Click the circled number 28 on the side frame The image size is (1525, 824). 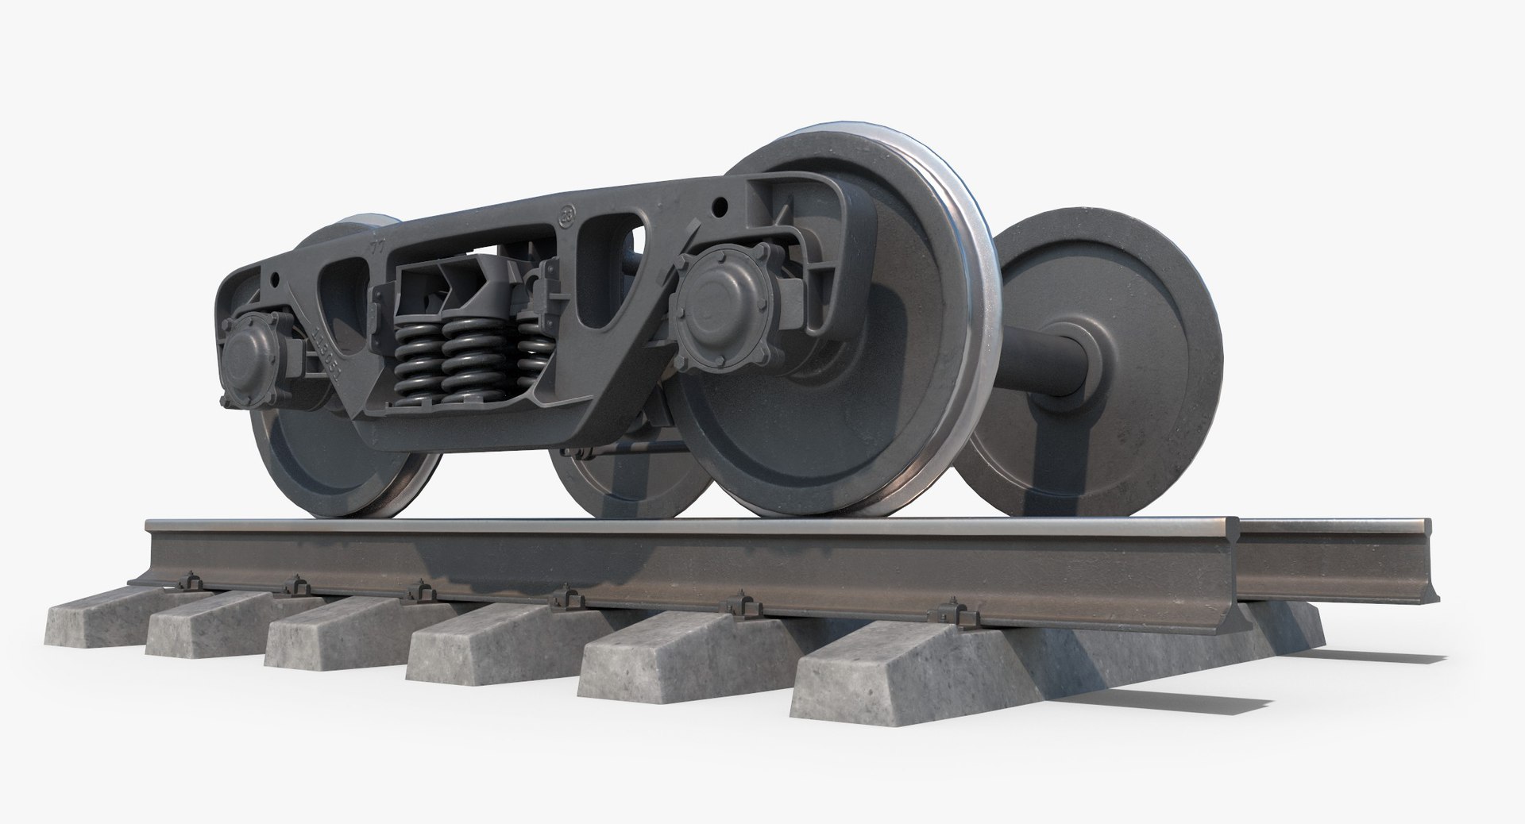[x=567, y=214]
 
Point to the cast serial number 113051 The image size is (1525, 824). [x=326, y=354]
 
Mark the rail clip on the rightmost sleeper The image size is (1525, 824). [x=949, y=614]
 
